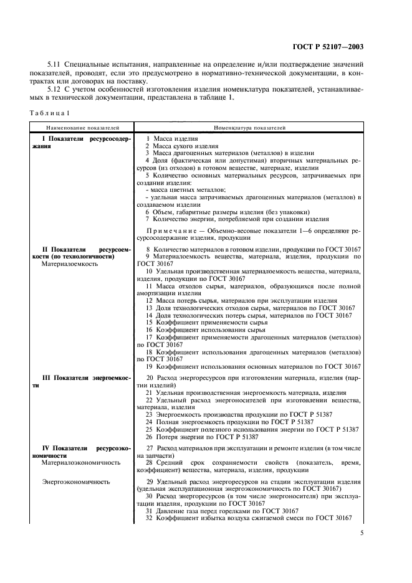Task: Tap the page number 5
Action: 363,533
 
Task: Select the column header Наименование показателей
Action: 78,127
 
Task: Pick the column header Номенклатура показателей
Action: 249,127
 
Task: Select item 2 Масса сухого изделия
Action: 181,146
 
